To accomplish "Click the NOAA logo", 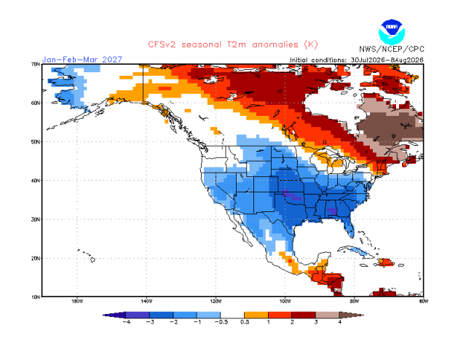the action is (x=392, y=32).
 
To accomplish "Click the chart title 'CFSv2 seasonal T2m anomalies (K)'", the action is (x=233, y=44).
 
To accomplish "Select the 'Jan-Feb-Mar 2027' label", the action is (x=82, y=60).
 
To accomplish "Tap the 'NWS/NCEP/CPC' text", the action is (x=392, y=49).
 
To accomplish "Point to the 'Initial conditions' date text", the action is (x=357, y=60).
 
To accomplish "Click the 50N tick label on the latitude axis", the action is (x=36, y=141).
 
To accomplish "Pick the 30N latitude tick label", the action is (x=36, y=219).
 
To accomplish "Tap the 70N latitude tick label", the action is (x=36, y=64).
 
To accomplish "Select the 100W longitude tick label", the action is (x=285, y=301).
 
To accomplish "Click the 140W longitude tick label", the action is (x=146, y=301).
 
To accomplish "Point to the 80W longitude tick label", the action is (x=355, y=301).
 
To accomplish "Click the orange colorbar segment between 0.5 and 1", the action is (x=256, y=315).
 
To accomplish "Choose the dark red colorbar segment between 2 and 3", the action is (x=304, y=315).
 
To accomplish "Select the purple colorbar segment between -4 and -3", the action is (x=138, y=315).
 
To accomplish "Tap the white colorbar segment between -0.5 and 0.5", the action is (x=232, y=315).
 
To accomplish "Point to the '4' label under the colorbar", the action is (x=340, y=322).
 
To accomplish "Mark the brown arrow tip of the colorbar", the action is (x=363, y=315).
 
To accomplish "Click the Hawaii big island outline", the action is (x=92, y=259).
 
